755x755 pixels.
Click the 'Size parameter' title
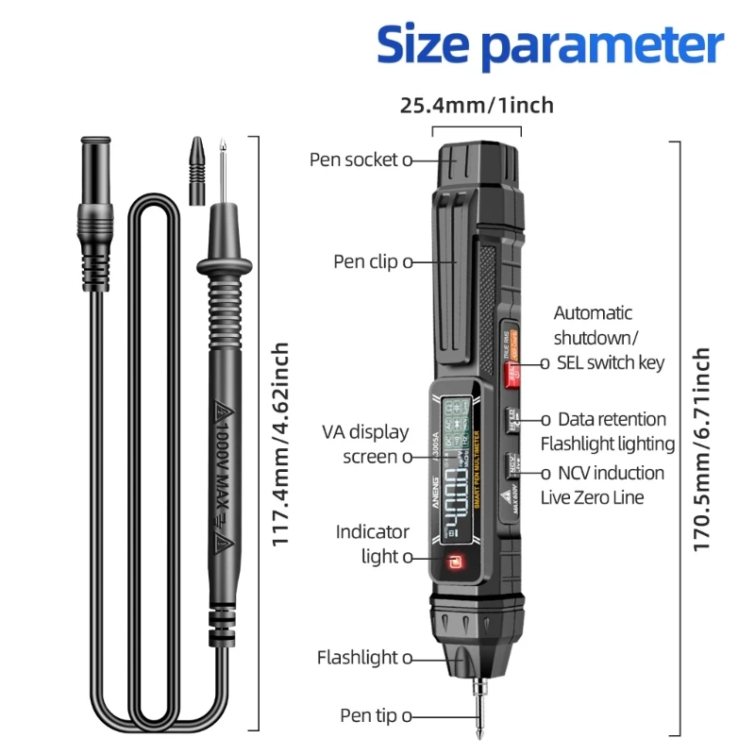tap(550, 43)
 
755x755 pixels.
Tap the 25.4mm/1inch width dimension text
tap(477, 105)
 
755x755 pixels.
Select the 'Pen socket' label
tap(354, 159)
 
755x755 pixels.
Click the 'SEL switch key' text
tap(624, 362)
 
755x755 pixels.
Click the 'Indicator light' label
tap(373, 545)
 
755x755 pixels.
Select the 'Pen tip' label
tap(368, 716)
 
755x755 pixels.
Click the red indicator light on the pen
tap(454, 565)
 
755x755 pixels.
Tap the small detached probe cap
tap(196, 170)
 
